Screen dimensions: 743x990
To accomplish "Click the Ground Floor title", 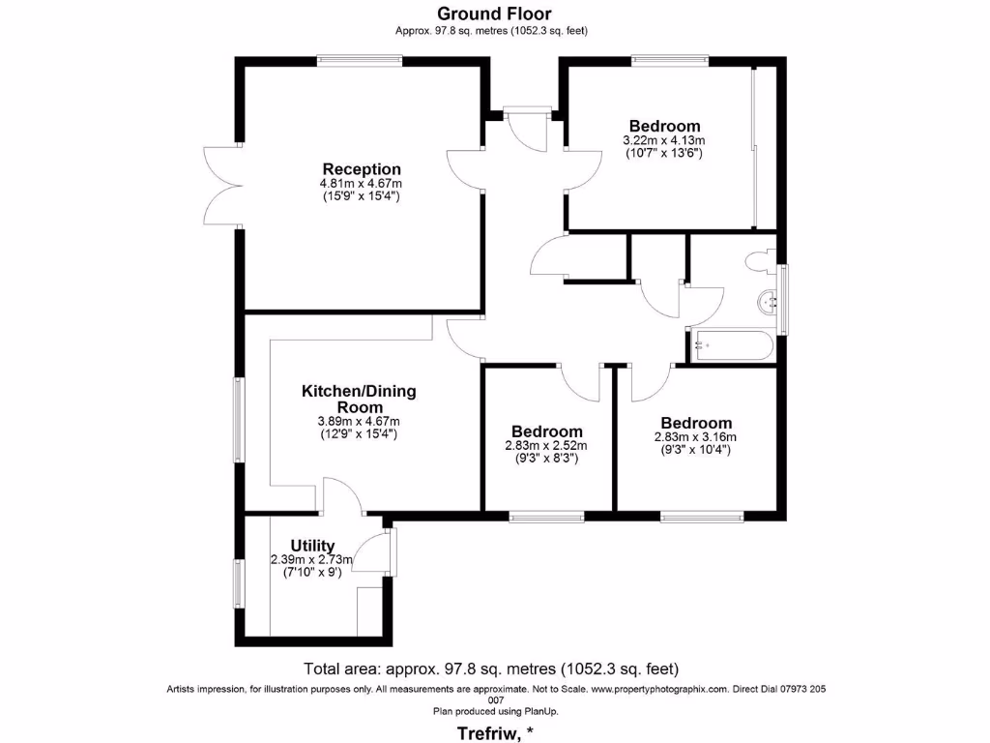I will point(494,14).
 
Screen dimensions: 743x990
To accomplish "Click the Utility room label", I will point(311,546).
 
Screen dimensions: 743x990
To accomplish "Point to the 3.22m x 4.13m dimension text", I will point(664,140).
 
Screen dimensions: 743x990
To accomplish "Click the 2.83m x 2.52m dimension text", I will point(546,446).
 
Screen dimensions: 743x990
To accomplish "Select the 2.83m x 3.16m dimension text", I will point(695,437).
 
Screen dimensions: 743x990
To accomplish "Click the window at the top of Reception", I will point(360,61).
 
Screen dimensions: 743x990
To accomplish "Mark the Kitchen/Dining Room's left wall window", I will point(238,419).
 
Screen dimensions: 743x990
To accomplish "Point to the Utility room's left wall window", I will point(238,584).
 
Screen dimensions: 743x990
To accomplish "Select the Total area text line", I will point(491,669).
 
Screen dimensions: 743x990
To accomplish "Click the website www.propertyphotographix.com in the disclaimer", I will point(657,689).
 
